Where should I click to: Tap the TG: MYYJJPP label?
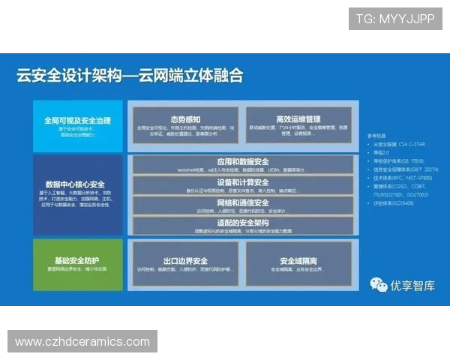point(395,19)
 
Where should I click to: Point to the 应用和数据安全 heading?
point(242,162)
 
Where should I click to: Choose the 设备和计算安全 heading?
point(242,182)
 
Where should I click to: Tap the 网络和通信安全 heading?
point(242,202)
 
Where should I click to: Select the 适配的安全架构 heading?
point(242,222)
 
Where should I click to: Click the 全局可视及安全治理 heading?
point(77,120)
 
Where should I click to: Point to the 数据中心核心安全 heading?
point(75,184)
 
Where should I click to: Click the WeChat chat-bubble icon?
point(379,284)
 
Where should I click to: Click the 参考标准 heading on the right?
point(376,136)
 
